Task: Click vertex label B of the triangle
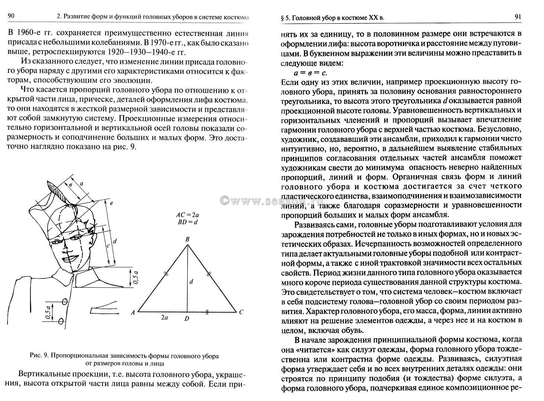[188, 240]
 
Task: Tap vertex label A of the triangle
[133, 312]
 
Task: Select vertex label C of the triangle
[241, 312]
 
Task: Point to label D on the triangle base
[187, 319]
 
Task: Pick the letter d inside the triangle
[191, 282]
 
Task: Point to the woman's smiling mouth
[69, 258]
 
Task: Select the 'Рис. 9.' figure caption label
[39, 356]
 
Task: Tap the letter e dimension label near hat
[111, 203]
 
